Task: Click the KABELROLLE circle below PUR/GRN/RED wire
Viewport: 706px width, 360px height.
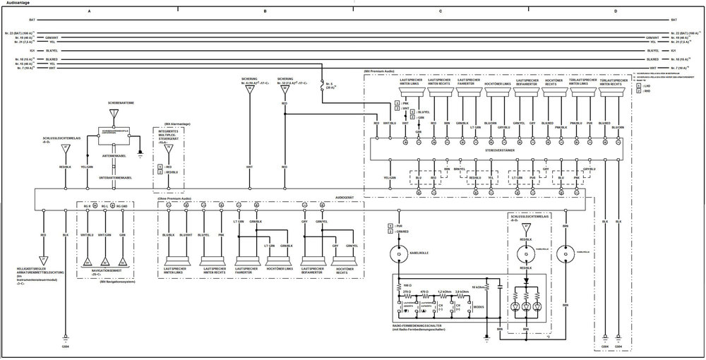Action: tap(397, 253)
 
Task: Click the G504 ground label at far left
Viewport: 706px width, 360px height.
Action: tap(65, 347)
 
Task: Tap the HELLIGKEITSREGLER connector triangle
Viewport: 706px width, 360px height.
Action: tap(43, 259)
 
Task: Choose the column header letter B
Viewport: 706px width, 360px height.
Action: tap(265, 12)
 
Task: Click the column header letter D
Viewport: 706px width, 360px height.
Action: tap(615, 12)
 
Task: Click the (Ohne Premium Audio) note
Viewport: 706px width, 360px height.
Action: tap(174, 198)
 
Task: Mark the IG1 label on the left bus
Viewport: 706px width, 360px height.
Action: tap(21, 51)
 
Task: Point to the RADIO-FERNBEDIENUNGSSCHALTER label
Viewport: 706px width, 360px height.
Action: tap(417, 325)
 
